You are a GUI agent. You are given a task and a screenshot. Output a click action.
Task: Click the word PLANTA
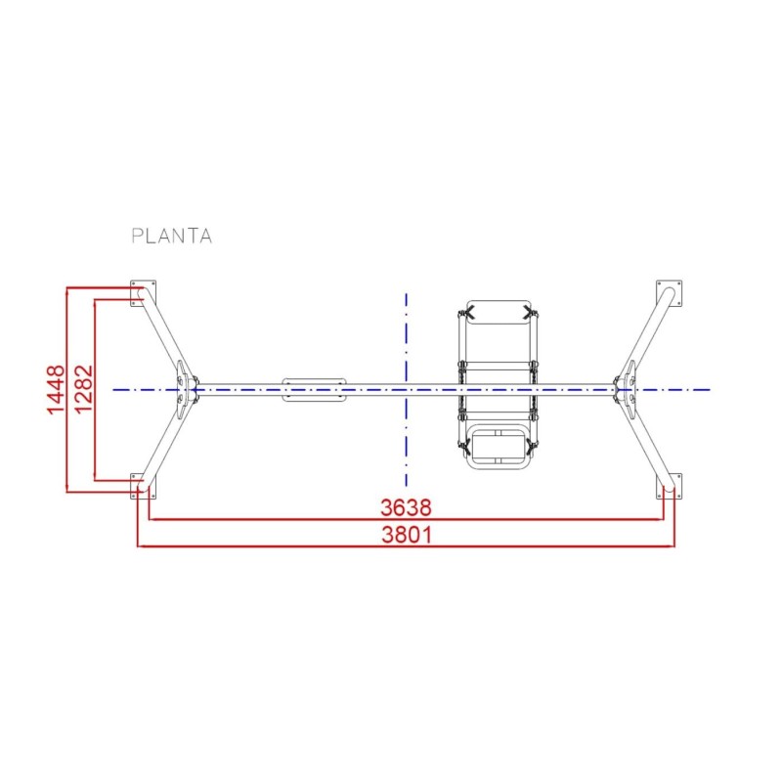[x=171, y=236]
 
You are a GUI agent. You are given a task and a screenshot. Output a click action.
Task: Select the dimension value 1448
[x=57, y=389]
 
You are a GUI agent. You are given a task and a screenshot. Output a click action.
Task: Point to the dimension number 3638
[x=406, y=508]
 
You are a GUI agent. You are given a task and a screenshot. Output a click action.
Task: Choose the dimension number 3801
[x=406, y=535]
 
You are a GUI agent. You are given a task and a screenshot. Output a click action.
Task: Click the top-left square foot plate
[x=143, y=292]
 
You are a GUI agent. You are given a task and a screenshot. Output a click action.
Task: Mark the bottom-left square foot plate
[x=143, y=485]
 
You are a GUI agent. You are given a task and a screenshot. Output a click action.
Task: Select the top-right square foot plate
[x=670, y=292]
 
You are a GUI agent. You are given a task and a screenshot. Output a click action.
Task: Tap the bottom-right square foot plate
[x=670, y=485]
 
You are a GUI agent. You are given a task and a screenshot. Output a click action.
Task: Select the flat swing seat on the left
[x=314, y=389]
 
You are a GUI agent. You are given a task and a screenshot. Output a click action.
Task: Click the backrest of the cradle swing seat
[x=499, y=327]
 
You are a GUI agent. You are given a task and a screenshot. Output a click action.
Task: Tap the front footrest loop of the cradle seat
[x=499, y=448]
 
